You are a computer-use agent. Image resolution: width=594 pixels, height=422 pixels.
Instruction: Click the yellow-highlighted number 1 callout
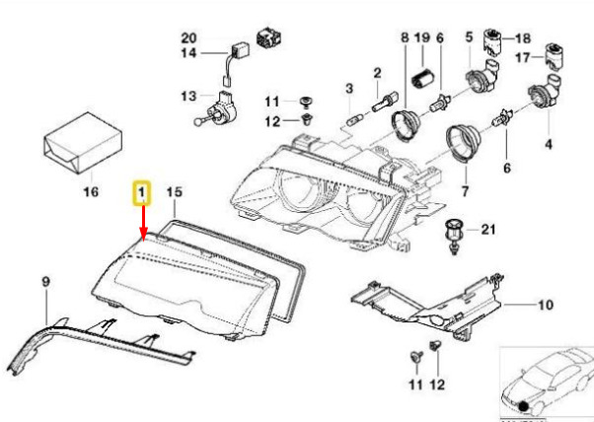[141, 193]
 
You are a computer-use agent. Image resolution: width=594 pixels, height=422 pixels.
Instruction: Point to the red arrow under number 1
[143, 223]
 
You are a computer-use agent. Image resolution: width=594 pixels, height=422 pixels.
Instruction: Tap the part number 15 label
[175, 192]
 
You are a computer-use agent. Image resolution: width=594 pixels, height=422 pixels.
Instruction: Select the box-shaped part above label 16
[83, 143]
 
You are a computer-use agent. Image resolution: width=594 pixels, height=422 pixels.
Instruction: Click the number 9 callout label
[45, 282]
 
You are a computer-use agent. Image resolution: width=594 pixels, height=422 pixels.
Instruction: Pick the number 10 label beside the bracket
[546, 305]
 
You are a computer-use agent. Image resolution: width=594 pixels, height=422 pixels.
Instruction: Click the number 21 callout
[488, 230]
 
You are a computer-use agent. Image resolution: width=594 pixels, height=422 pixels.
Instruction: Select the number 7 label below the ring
[465, 191]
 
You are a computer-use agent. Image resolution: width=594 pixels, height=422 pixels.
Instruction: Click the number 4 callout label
[549, 144]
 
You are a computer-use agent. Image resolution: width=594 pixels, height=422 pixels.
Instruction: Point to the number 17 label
[523, 57]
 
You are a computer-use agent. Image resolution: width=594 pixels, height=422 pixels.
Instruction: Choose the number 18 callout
[523, 38]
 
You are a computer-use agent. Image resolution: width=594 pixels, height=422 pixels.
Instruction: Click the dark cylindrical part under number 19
[421, 77]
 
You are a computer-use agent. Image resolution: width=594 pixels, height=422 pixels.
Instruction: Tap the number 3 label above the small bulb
[349, 89]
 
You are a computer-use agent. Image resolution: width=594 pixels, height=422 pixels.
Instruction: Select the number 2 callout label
[377, 73]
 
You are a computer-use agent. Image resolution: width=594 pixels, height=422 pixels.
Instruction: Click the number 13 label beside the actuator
[189, 96]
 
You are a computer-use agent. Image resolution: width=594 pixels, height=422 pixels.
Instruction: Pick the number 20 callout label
[189, 37]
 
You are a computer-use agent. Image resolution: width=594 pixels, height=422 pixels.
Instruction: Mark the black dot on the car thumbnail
[524, 406]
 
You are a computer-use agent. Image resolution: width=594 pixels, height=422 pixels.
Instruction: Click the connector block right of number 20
[268, 37]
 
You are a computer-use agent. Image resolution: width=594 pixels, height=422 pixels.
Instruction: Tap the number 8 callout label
[405, 37]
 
